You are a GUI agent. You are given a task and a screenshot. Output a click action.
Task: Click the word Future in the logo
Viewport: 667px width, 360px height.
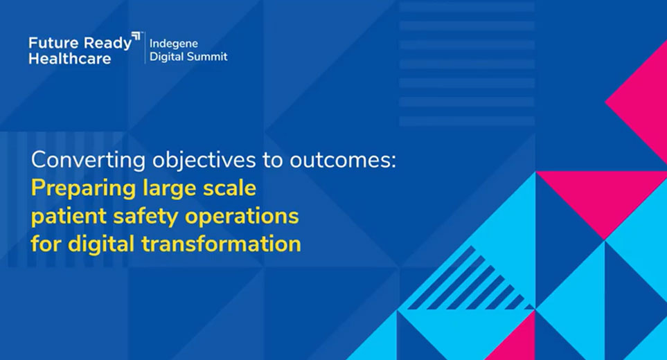point(53,43)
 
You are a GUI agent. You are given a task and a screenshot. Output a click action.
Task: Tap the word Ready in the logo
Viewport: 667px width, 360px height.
point(107,44)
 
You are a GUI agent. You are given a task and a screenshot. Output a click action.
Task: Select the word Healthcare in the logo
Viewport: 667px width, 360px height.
point(70,59)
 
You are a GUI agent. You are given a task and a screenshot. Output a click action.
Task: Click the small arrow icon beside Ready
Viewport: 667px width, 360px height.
point(136,36)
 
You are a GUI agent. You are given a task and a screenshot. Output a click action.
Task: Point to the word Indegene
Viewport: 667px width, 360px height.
point(174,44)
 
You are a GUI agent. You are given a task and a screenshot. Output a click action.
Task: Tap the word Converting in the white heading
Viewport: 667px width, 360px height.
point(89,161)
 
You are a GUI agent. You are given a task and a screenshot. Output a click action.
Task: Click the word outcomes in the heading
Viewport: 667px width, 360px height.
point(342,160)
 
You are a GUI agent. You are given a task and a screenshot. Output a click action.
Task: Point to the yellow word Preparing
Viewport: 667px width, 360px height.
point(83,189)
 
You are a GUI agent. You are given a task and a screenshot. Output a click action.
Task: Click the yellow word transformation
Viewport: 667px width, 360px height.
point(221,244)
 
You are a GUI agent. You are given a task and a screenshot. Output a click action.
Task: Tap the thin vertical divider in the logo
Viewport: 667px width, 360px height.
point(145,48)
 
